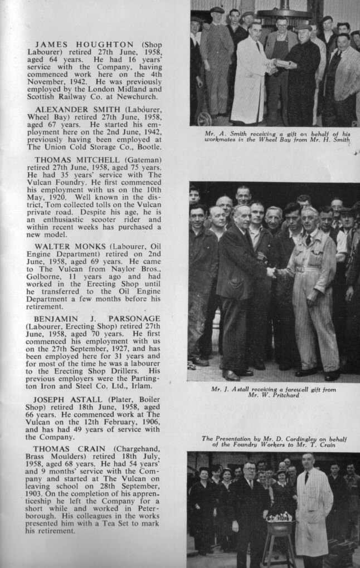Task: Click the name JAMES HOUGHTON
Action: pyautogui.click(x=84, y=45)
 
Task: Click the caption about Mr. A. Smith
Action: pyautogui.click(x=277, y=136)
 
